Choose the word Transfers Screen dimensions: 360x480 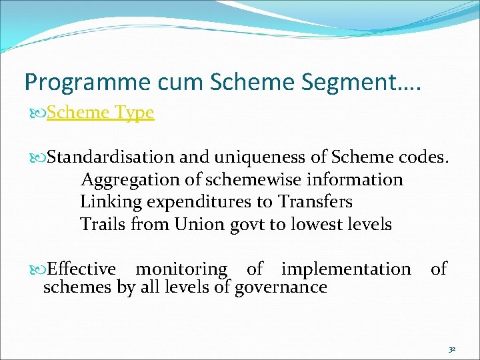315,202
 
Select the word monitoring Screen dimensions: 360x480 181,269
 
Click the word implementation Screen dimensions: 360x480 346,269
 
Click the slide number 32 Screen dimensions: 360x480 451,349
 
